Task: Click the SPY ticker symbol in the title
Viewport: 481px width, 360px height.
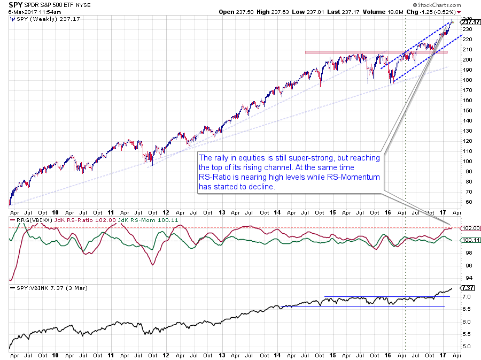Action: click(x=15, y=5)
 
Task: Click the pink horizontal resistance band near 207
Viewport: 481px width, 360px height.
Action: click(x=369, y=52)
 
